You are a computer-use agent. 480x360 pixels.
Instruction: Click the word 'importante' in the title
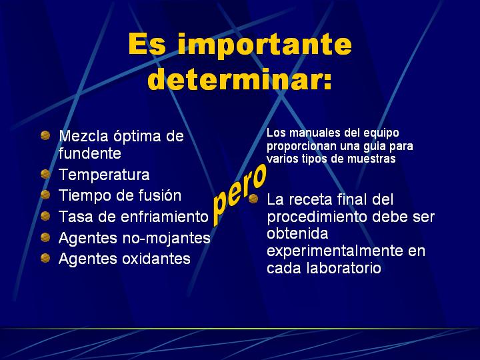point(265,45)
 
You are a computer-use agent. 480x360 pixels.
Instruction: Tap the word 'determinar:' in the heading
point(240,79)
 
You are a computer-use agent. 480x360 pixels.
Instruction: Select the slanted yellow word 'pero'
point(239,195)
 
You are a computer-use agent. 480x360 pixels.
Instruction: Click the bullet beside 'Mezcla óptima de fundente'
point(45,135)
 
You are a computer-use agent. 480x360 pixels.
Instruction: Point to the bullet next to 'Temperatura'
point(45,174)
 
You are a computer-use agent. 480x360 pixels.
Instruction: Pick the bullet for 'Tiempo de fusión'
point(45,195)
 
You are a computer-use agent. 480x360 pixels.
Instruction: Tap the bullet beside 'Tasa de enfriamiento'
point(45,216)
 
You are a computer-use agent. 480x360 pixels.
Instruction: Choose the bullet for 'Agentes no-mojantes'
point(45,237)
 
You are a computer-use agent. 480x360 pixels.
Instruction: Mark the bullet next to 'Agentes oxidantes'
point(45,258)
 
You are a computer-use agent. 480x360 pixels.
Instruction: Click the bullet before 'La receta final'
point(253,199)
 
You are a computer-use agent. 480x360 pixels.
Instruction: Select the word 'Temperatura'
point(104,175)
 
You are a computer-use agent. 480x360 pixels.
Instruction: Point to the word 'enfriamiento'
point(165,217)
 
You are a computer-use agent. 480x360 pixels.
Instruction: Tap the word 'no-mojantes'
point(167,239)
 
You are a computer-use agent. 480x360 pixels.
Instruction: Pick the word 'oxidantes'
point(157,259)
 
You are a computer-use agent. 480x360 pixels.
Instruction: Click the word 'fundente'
point(90,153)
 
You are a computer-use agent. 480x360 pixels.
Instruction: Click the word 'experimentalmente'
point(335,251)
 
